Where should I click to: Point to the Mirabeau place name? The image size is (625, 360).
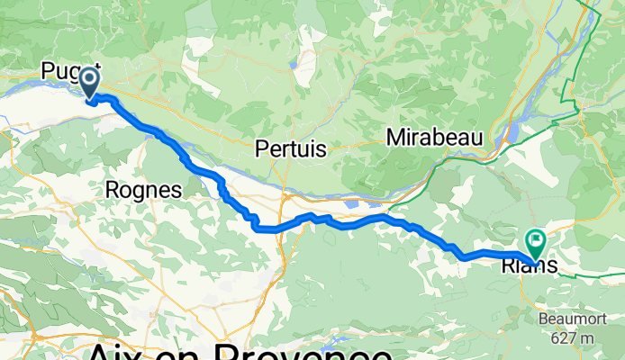click(435, 138)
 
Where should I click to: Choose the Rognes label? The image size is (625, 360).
click(143, 190)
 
